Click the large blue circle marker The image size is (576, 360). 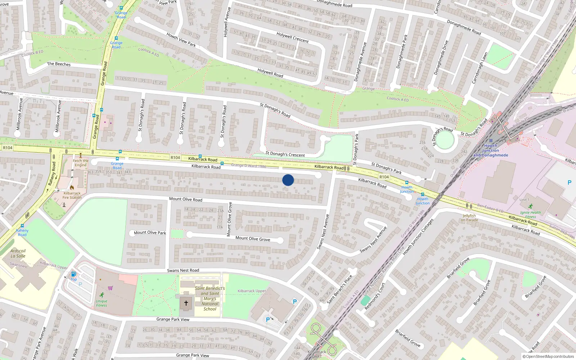[288, 180]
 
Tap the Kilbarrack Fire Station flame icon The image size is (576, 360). [72, 188]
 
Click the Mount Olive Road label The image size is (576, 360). [186, 199]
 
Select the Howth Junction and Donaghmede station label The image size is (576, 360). [491, 150]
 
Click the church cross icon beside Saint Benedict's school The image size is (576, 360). [186, 303]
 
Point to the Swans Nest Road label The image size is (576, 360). [183, 270]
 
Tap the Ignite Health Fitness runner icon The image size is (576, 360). [530, 206]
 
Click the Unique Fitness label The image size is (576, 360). [102, 303]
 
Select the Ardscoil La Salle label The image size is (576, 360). [18, 253]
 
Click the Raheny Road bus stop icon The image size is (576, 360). [22, 226]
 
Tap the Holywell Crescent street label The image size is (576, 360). [292, 37]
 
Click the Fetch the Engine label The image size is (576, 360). [81, 163]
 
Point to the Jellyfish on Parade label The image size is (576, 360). [469, 218]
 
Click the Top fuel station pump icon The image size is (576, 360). [73, 274]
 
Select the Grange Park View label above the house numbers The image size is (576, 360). [173, 319]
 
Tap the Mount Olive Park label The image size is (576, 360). [150, 233]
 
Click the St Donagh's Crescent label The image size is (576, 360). [285, 154]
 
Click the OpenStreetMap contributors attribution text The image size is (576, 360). [548, 357]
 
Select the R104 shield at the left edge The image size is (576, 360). [8, 148]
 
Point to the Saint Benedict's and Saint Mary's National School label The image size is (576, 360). [210, 298]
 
